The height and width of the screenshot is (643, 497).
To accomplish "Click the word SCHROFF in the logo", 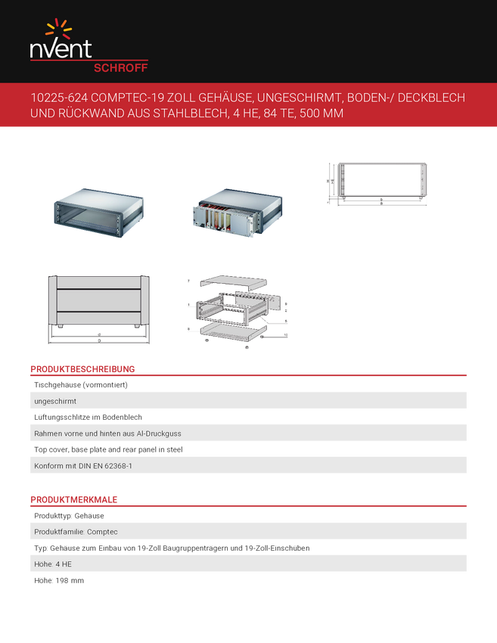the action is (120, 67).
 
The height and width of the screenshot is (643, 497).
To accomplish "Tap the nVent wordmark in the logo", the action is (61, 49).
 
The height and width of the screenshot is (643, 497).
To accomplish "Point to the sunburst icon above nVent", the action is (59, 30).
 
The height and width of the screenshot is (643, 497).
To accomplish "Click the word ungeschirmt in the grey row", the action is (55, 401).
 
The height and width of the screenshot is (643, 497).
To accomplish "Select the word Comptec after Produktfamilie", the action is (101, 532).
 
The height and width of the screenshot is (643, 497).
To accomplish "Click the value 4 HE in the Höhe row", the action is (63, 564).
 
